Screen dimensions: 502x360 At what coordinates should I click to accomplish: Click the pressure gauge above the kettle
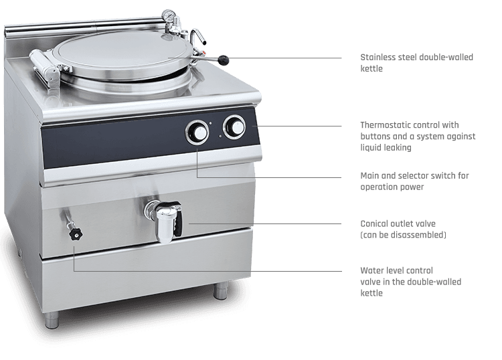(x=167, y=15)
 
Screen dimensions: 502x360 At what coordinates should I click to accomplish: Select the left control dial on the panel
(x=197, y=132)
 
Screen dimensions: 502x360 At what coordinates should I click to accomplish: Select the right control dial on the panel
(x=235, y=127)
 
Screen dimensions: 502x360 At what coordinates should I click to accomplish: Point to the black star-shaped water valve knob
(x=76, y=234)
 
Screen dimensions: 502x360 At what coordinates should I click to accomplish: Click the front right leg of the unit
(x=222, y=290)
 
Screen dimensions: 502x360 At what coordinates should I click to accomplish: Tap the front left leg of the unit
(x=52, y=319)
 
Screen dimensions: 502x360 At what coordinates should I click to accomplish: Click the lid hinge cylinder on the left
(x=44, y=66)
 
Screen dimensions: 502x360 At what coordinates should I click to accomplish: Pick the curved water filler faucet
(x=197, y=37)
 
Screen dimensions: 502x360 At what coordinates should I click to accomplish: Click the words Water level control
(x=397, y=271)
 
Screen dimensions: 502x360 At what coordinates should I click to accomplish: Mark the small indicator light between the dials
(x=210, y=123)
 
